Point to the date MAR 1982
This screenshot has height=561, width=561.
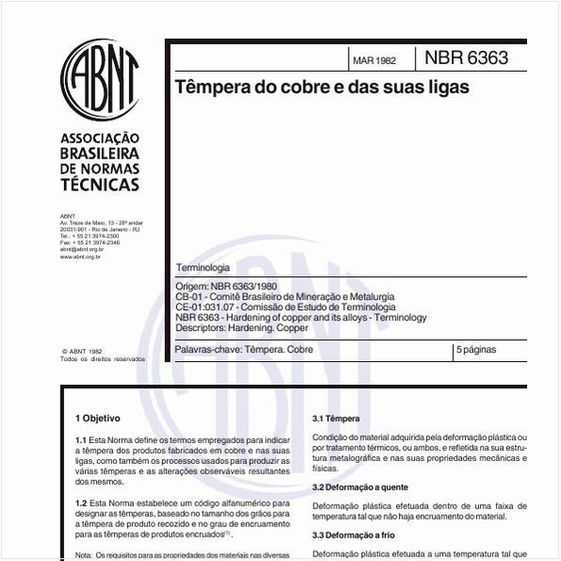[x=374, y=61]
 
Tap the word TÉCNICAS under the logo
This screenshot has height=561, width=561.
[x=99, y=185]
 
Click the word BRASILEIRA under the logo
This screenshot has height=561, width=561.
[x=99, y=153]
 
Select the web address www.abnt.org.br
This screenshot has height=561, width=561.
[x=81, y=256]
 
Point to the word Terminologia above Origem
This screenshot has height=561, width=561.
[x=203, y=269]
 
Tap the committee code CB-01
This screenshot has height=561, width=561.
[x=189, y=296]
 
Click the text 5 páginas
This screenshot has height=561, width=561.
[x=478, y=350]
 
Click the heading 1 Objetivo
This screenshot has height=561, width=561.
[x=98, y=417]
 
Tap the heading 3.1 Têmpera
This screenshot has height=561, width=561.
[x=336, y=418]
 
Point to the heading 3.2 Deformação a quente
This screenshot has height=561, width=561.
[x=360, y=487]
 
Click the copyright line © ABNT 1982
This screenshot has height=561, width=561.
[x=81, y=350]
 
